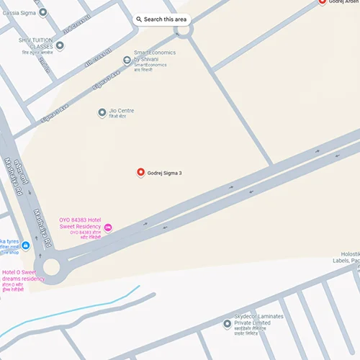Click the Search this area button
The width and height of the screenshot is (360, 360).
coord(163,19)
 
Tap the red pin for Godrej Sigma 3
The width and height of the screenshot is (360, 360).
coord(141,172)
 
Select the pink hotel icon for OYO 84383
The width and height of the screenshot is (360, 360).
coord(108,228)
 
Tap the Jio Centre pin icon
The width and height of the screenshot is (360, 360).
coord(102,112)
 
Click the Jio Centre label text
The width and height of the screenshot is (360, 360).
coord(120,111)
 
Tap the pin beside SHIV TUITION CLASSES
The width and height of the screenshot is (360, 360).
coord(60,46)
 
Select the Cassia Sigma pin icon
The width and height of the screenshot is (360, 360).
coord(43,12)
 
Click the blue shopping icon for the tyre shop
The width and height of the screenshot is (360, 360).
coord(26,246)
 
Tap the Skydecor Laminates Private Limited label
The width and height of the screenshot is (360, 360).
coord(258,320)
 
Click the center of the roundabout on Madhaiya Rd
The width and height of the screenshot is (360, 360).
coord(51,268)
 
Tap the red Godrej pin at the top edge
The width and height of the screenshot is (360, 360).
coord(322,2)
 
